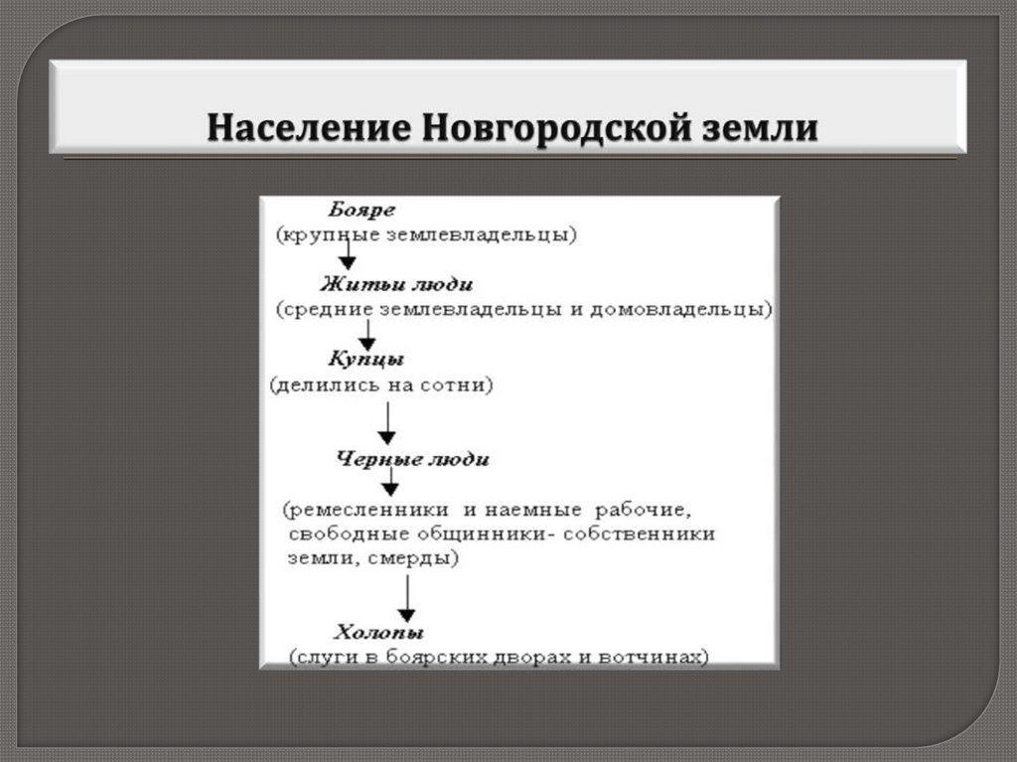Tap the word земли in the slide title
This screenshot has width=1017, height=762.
[x=766, y=129]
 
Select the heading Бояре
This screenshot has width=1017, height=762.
[x=362, y=211]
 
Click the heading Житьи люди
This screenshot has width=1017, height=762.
[x=390, y=284]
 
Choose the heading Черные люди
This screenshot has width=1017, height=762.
[x=412, y=459]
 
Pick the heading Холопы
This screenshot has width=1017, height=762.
[x=378, y=632]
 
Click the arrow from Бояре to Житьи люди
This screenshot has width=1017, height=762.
[x=347, y=254]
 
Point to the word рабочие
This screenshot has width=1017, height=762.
[x=641, y=510]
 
